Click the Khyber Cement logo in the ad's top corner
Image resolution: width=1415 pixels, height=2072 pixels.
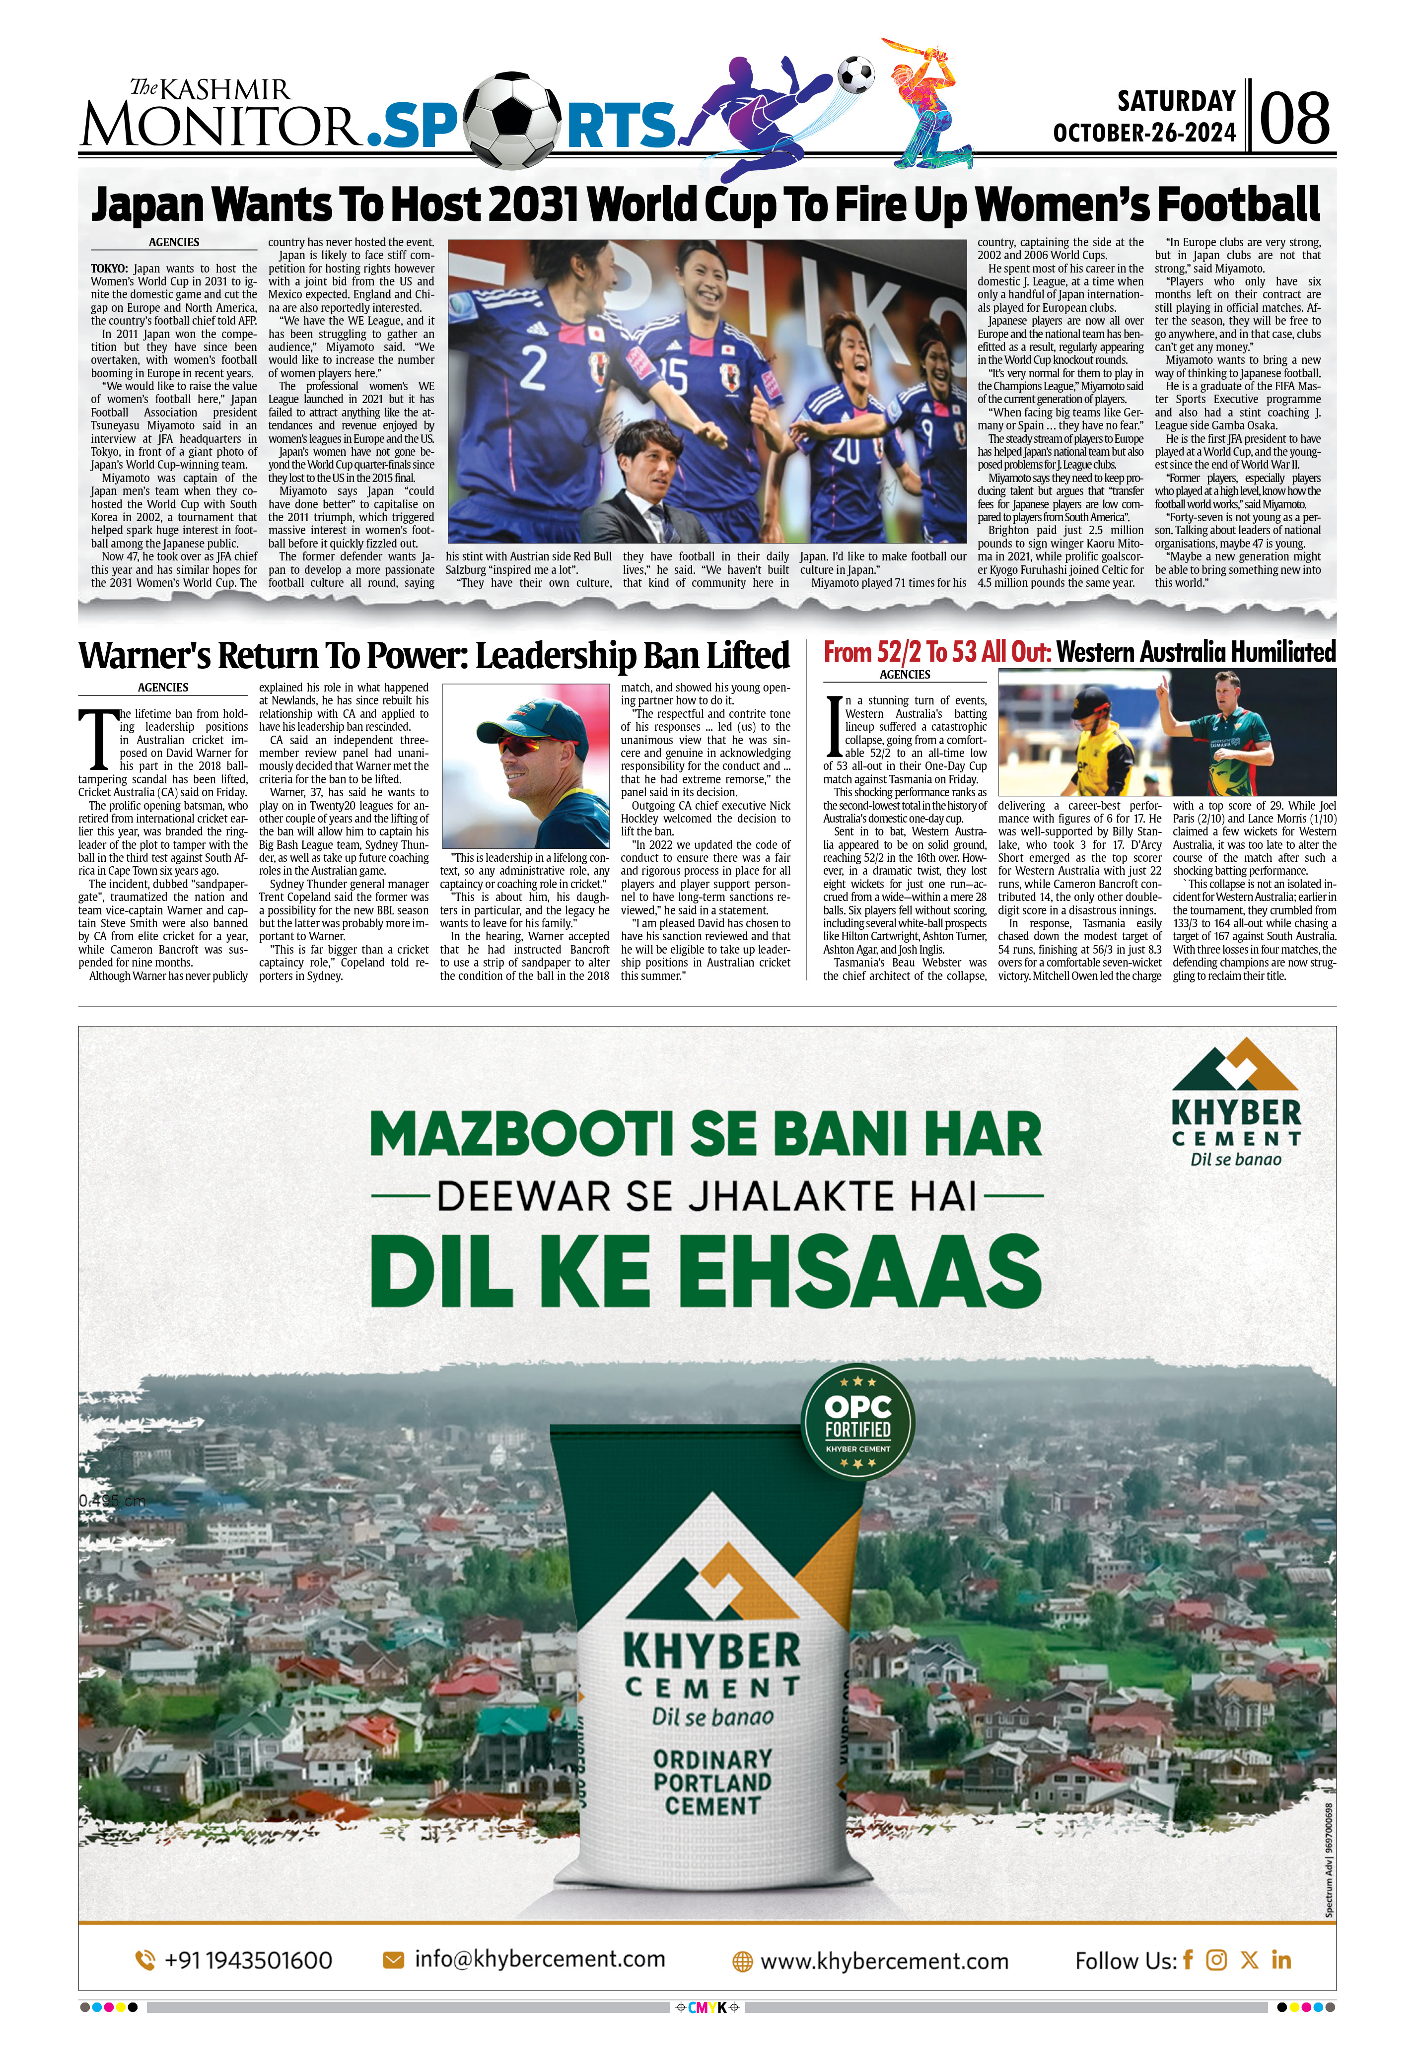point(1236,1102)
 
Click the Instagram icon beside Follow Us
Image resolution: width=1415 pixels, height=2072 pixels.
point(1216,1960)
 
